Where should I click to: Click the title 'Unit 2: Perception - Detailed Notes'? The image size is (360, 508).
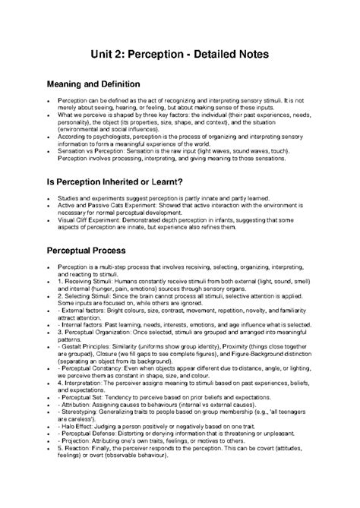[180, 55]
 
